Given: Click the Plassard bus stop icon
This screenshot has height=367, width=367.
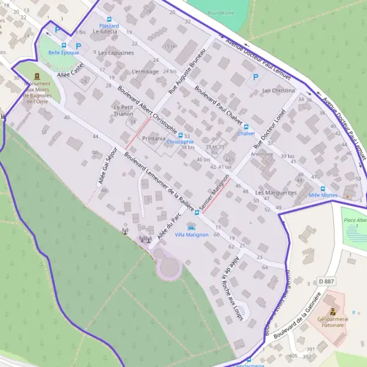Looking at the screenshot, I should coord(109,19).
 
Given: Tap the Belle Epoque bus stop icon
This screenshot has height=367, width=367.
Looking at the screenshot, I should coord(64,45).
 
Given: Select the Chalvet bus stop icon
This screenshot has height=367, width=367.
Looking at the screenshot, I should coord(246,126).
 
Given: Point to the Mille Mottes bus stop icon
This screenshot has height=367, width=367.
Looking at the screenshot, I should coord(323,188).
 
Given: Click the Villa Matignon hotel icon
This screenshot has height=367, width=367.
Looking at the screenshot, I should coord(191,228).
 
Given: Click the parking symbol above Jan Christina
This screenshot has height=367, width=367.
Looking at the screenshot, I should coord(256,77).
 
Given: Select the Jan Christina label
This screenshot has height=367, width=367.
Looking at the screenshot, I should coord(278,91).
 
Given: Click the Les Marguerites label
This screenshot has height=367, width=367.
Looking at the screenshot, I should coord(276,193).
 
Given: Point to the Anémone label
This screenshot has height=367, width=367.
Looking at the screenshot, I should coord(262,154).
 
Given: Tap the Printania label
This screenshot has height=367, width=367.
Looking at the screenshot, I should coord(154,139).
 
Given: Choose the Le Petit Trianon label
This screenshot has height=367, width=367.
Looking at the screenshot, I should coord(128,110).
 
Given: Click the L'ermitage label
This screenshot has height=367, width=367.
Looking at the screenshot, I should coord(145,72).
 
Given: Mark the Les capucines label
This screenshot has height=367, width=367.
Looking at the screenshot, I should coord(116,53).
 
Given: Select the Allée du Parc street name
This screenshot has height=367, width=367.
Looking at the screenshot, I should coord(169,225).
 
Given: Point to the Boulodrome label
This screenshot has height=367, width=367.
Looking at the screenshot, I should coord(221,12).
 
